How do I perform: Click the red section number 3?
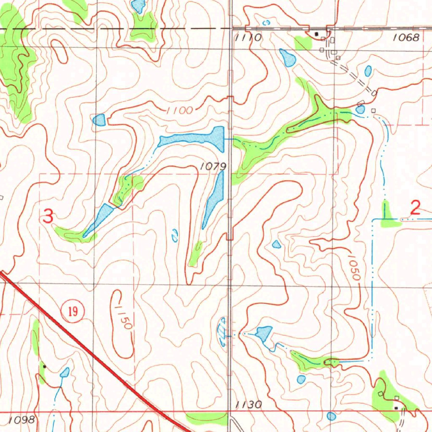(49, 217)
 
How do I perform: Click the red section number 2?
(416, 208)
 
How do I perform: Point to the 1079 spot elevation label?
(213, 167)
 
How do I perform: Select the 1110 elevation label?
(248, 38)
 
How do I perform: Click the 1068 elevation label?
(406, 38)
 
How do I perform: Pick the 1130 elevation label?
(248, 405)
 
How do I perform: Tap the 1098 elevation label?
(21, 420)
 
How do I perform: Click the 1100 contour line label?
(179, 111)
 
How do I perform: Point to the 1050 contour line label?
(354, 267)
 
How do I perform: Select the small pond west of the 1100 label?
(99, 120)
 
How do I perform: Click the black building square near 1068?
(317, 33)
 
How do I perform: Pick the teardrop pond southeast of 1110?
(287, 57)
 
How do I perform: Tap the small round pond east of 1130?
(332, 416)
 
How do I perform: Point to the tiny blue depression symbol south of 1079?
(174, 235)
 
